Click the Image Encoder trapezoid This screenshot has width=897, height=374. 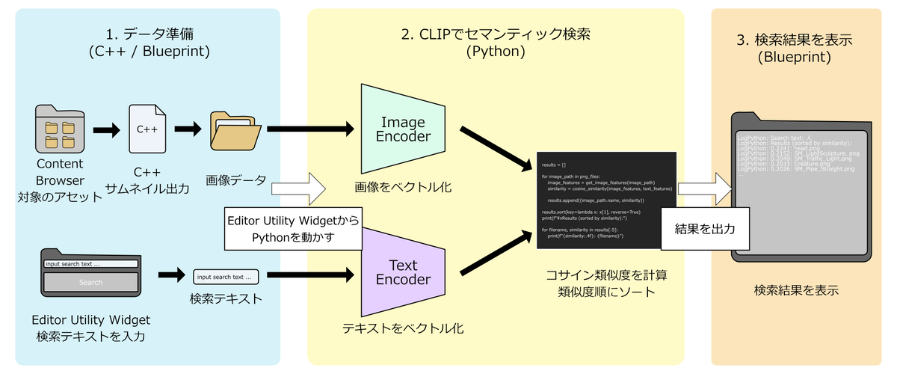[x=403, y=129]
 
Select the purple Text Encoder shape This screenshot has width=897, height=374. [x=403, y=272]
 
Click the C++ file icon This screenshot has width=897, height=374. [x=147, y=129]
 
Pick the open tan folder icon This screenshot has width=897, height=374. [x=235, y=130]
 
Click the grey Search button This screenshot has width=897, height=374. [x=90, y=283]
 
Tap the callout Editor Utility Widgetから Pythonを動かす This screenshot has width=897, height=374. [x=292, y=228]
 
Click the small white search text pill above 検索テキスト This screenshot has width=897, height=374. [x=225, y=277]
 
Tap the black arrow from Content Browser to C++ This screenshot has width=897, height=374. [x=105, y=131]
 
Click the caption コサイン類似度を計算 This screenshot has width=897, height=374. [x=606, y=275]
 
